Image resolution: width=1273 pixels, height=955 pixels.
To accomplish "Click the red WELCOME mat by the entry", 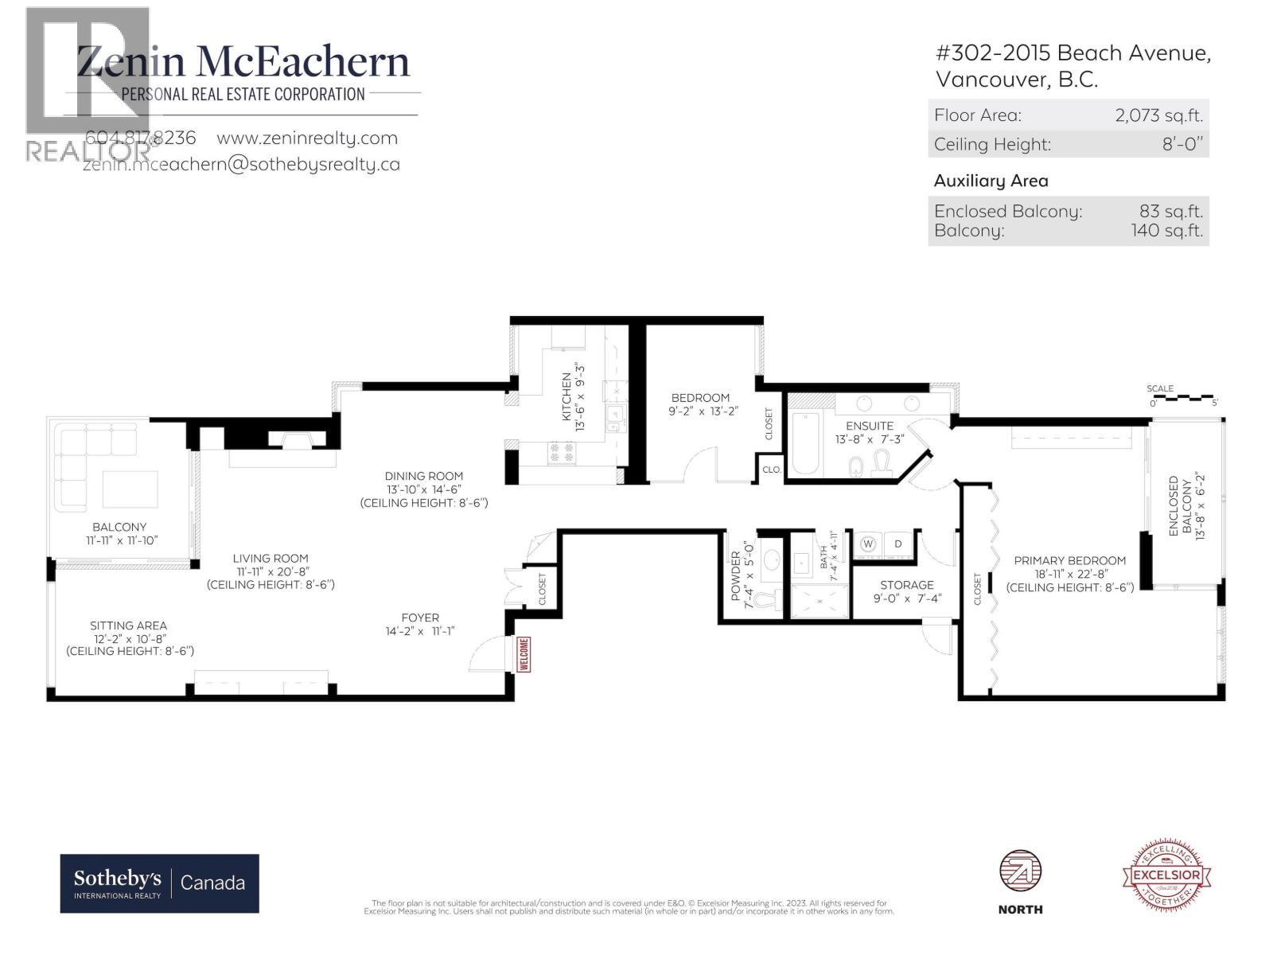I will click(524, 654).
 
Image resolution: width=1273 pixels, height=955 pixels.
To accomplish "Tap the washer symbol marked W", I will click(868, 544).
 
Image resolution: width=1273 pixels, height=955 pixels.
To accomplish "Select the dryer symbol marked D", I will click(898, 544).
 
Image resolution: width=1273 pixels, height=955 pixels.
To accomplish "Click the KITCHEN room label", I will click(566, 396).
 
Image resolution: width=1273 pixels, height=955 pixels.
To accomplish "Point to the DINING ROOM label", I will click(423, 476).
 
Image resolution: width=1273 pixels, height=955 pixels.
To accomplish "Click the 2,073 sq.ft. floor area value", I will click(1158, 115).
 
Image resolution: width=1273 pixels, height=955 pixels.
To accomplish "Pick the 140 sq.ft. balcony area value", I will click(1166, 231).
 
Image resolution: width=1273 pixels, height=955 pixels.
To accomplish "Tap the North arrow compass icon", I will click(1020, 874).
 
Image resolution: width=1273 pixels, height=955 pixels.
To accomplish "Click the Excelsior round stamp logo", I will click(1167, 874).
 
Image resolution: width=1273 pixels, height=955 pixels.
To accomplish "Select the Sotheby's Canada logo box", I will click(160, 883).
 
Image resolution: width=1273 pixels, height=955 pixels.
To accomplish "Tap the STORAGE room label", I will click(906, 585).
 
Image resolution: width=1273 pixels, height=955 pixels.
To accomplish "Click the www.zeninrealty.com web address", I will click(307, 138).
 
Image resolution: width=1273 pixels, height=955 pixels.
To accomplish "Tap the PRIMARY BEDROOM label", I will click(1069, 560).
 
